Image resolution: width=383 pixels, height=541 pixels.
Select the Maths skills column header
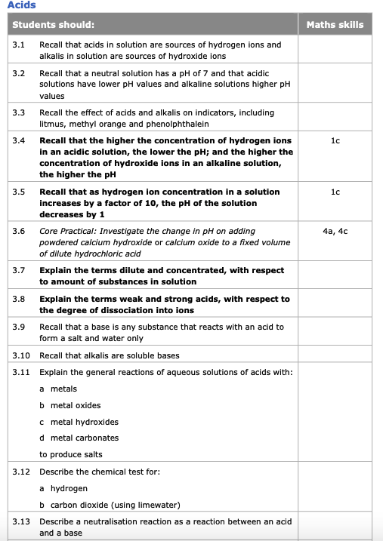[335, 25]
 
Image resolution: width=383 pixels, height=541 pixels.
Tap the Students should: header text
[54, 25]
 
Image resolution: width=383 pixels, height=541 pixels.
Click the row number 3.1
[19, 45]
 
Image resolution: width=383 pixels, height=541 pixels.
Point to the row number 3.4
[19, 140]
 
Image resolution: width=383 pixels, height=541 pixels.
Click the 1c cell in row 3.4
[335, 140]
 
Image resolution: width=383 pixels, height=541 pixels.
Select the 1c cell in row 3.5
[335, 192]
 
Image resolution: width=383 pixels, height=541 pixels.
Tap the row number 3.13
[21, 521]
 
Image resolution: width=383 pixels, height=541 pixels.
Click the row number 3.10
[21, 355]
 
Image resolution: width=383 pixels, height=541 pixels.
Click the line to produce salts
[71, 454]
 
